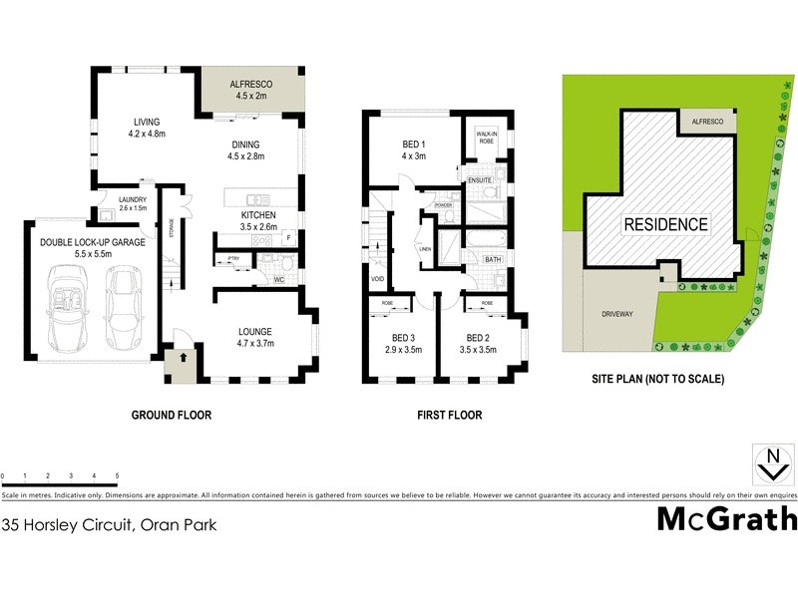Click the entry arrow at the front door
[x=184, y=356]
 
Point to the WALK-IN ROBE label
[x=486, y=138]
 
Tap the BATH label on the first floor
[x=493, y=259]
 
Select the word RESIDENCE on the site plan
[x=666, y=224]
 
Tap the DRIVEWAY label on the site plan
[x=617, y=314]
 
